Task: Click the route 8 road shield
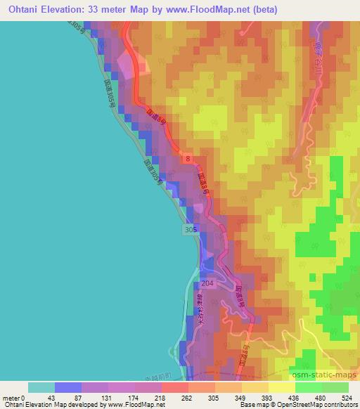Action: [x=188, y=160]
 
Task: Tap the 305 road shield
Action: [x=191, y=229]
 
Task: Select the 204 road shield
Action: [x=207, y=283]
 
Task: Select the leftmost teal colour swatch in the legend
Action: [x=41, y=387]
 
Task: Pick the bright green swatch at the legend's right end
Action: [x=335, y=387]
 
